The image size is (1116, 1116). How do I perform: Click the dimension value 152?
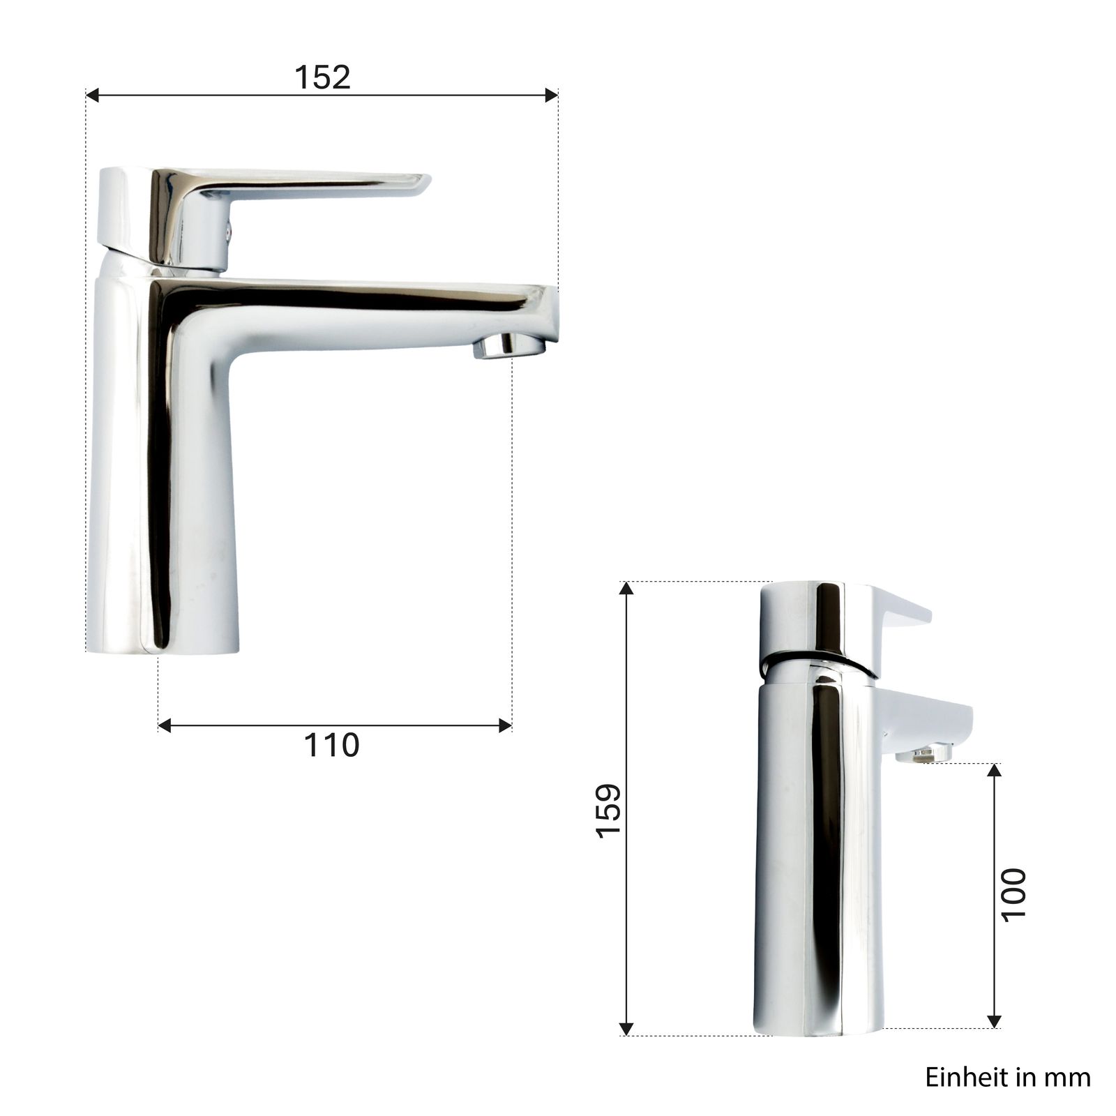(x=322, y=77)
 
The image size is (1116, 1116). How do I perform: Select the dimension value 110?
(x=331, y=745)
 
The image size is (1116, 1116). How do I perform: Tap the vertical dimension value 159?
(x=609, y=810)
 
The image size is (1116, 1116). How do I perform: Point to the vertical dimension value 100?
(x=1013, y=895)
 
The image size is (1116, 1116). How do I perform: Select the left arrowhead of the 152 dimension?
(x=93, y=95)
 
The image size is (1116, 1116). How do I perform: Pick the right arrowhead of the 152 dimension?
(x=551, y=95)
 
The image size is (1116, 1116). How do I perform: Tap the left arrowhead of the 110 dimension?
(x=165, y=726)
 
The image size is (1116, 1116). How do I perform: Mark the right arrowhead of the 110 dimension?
(x=505, y=726)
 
